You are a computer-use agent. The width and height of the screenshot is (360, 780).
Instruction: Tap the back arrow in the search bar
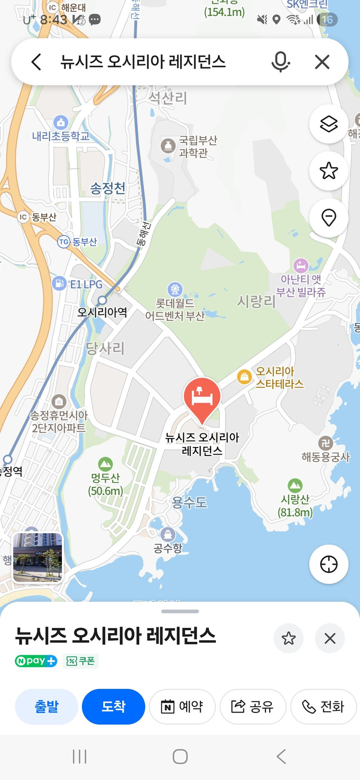click(36, 62)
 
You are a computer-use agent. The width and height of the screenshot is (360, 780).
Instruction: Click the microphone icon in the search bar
click(280, 62)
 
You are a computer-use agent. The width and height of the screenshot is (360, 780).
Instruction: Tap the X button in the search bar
click(322, 62)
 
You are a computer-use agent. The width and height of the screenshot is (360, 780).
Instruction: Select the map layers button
click(329, 124)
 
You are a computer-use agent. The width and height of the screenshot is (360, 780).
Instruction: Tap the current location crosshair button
click(329, 564)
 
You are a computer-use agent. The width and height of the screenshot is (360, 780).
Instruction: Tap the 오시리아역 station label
click(102, 312)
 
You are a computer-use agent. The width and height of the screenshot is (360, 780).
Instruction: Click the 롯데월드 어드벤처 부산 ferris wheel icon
click(175, 289)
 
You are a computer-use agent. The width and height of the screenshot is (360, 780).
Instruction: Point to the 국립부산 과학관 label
click(198, 146)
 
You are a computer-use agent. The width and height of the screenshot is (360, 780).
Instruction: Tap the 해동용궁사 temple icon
click(325, 443)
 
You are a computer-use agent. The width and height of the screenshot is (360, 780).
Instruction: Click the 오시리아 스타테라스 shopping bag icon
click(244, 376)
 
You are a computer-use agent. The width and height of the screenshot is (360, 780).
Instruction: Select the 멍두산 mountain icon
click(105, 464)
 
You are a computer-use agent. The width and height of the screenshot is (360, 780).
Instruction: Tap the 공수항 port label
click(168, 548)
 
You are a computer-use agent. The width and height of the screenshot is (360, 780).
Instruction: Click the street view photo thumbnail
click(37, 557)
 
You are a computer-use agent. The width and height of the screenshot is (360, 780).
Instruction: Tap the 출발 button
click(47, 706)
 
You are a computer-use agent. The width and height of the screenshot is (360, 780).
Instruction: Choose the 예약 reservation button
click(182, 706)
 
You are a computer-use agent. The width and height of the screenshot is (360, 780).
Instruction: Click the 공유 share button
click(253, 706)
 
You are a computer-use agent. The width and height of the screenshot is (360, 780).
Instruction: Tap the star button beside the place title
click(288, 638)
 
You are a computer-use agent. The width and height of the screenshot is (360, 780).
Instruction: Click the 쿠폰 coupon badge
click(81, 661)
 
